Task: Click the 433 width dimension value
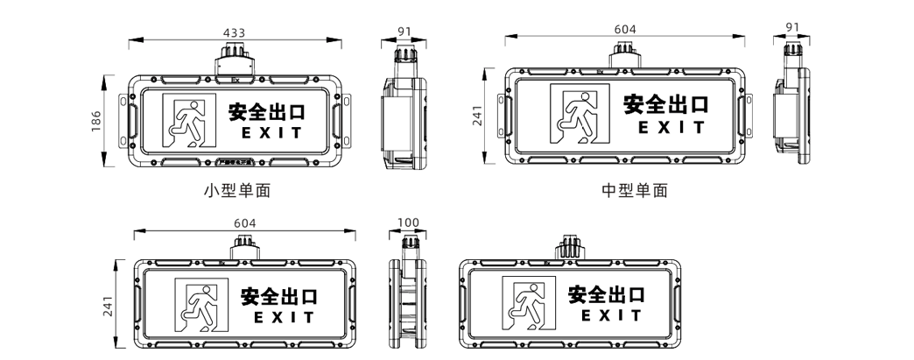pyautogui.click(x=234, y=32)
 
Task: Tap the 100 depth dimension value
pyautogui.click(x=408, y=223)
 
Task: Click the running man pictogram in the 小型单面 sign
pyautogui.click(x=188, y=121)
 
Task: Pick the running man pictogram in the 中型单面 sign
pyautogui.click(x=578, y=114)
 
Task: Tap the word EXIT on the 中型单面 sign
pyautogui.click(x=671, y=128)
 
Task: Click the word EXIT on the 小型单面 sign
pyautogui.click(x=271, y=133)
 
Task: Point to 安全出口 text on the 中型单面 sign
pyautogui.click(x=665, y=104)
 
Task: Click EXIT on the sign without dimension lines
pyautogui.click(x=611, y=315)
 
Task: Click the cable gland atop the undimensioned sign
pyautogui.click(x=569, y=248)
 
